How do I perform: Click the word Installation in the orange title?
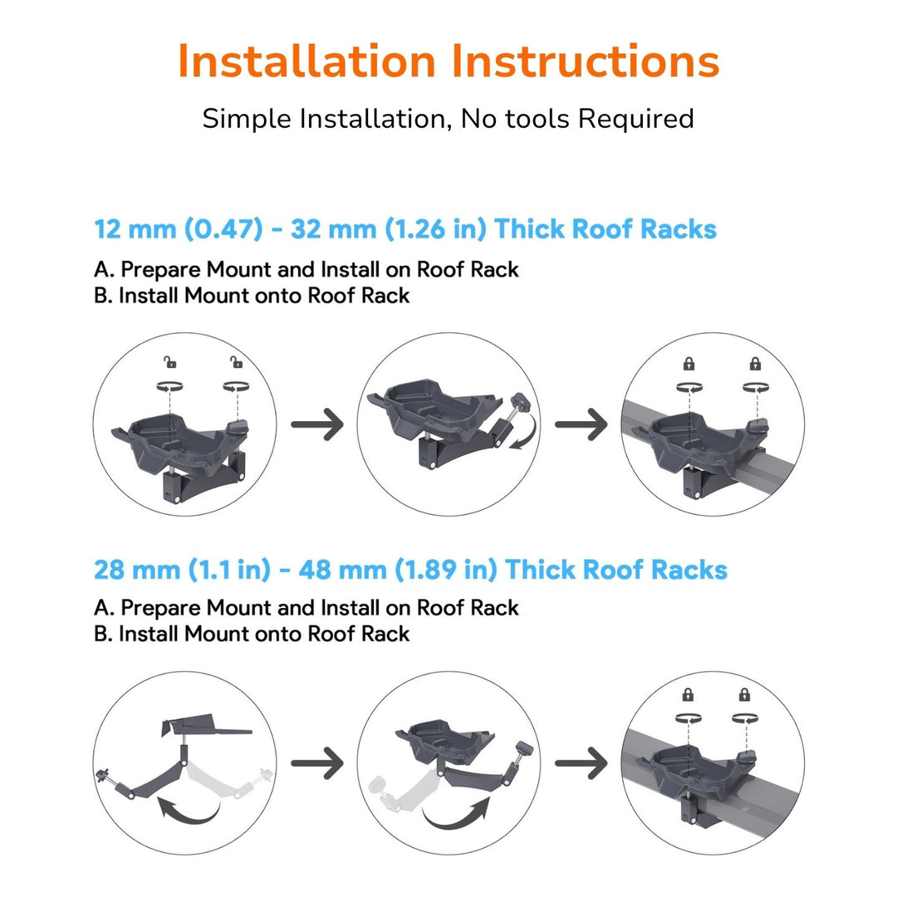tap(306, 61)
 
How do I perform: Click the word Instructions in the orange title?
tap(586, 61)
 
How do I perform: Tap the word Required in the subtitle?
tap(635, 119)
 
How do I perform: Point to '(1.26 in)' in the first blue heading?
tap(435, 229)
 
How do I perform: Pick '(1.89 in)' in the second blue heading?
tap(446, 570)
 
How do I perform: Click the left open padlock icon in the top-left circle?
tap(170, 361)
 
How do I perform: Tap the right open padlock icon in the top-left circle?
tap(236, 361)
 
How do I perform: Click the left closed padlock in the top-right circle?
tap(689, 363)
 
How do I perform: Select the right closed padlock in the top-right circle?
tap(755, 363)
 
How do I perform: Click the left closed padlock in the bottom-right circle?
tap(688, 694)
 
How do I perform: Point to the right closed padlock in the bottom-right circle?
tap(744, 694)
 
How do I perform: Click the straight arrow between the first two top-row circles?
tap(317, 424)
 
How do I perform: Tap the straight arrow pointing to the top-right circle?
tap(581, 424)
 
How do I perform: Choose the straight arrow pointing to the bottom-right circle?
tap(581, 762)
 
